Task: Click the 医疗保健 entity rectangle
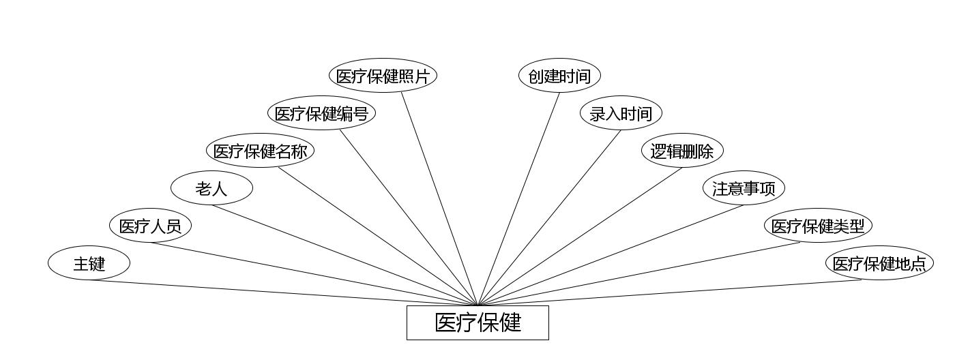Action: click(477, 322)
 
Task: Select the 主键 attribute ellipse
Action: click(89, 263)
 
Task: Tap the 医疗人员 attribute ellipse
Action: click(150, 226)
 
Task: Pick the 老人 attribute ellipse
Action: click(211, 188)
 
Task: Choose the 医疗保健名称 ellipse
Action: click(260, 151)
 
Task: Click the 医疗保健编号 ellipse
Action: click(321, 113)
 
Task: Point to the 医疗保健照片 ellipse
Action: click(383, 76)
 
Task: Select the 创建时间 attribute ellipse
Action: click(559, 76)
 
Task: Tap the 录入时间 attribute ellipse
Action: click(621, 113)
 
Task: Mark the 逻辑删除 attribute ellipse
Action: click(682, 151)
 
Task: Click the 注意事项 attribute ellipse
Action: click(744, 188)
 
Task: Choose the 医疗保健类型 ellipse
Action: click(818, 226)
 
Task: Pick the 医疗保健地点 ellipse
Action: click(879, 263)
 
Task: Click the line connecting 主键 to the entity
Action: click(283, 292)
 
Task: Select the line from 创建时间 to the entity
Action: click(519, 198)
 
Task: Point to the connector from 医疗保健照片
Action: click(439, 198)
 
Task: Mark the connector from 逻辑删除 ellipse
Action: click(580, 237)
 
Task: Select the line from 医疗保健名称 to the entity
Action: click(378, 236)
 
